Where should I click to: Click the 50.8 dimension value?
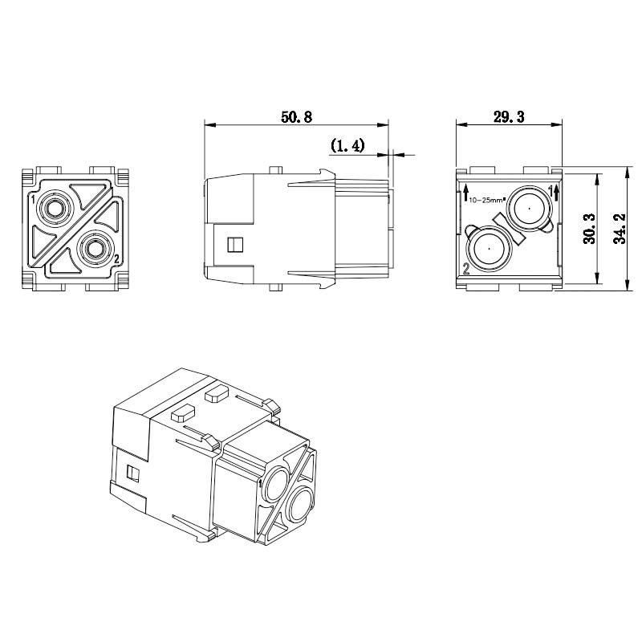pyautogui.click(x=296, y=117)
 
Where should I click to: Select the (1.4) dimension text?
pyautogui.click(x=347, y=145)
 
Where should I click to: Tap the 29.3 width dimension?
pyautogui.click(x=509, y=117)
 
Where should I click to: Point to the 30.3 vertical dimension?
pyautogui.click(x=590, y=229)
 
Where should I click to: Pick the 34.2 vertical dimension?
pyautogui.click(x=620, y=229)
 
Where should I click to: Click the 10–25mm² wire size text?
pyautogui.click(x=488, y=200)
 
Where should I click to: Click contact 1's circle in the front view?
pyautogui.click(x=53, y=209)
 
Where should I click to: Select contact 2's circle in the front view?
pyautogui.click(x=95, y=249)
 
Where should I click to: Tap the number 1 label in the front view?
pyautogui.click(x=33, y=200)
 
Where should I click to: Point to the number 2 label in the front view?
pyautogui.click(x=116, y=258)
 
